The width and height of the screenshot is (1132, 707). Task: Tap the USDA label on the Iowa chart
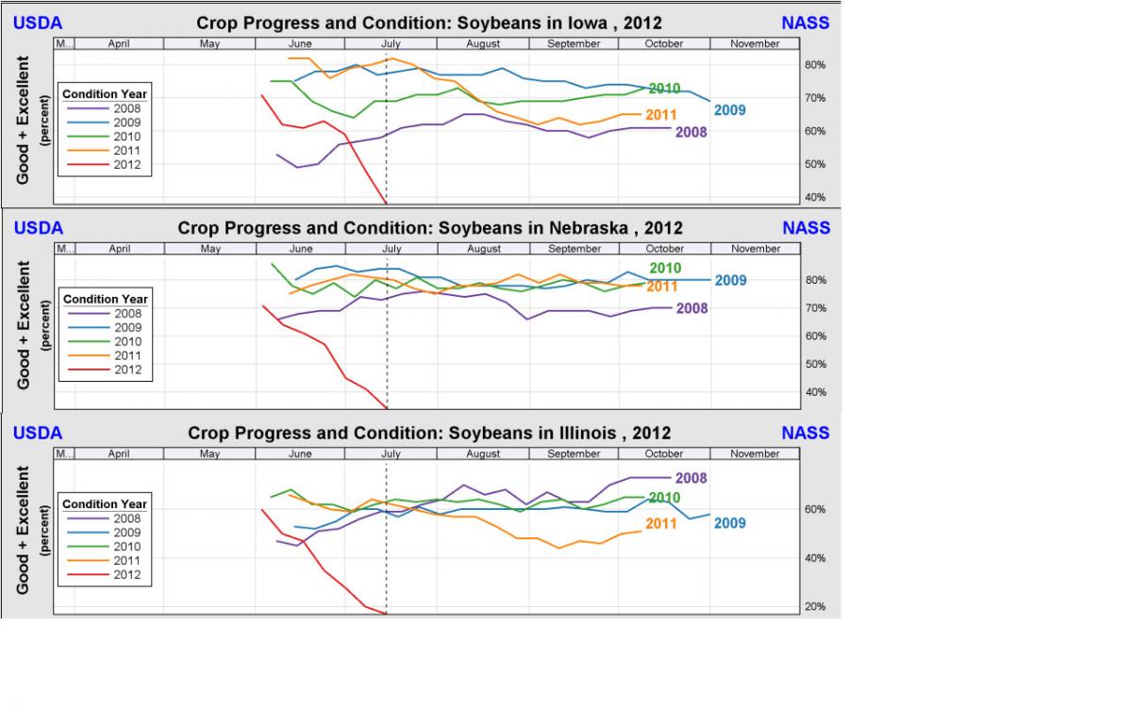tap(38, 23)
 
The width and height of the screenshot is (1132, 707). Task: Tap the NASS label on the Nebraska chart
tap(806, 228)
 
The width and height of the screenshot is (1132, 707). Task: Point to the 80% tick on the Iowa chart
tap(815, 65)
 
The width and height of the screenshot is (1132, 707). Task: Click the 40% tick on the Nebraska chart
tap(815, 392)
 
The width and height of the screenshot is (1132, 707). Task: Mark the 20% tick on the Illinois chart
tap(815, 607)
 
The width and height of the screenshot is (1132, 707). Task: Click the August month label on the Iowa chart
tap(483, 43)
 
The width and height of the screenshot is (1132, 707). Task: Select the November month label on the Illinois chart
tap(755, 453)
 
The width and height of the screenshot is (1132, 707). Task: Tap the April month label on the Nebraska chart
tap(119, 249)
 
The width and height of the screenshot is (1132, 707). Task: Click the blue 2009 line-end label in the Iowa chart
tap(729, 110)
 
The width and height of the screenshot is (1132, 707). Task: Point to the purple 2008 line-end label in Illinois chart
tap(691, 479)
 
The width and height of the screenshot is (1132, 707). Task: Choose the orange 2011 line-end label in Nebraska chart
tap(662, 287)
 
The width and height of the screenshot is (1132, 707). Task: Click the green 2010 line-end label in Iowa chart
tap(664, 89)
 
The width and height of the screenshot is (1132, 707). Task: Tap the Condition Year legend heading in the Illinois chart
tap(105, 504)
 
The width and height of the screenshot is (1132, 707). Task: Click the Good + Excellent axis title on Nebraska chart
tap(24, 325)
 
